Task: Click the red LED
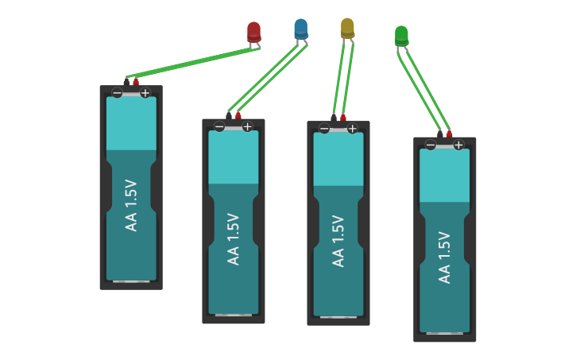click(x=253, y=31)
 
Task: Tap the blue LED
click(x=300, y=29)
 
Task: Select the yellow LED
click(x=347, y=28)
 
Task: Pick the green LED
click(x=401, y=36)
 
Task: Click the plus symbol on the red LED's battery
click(x=145, y=93)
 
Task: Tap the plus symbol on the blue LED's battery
click(x=247, y=126)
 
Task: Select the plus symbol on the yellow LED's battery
click(x=352, y=129)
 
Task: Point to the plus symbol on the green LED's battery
click(x=458, y=145)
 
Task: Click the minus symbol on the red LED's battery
click(x=117, y=93)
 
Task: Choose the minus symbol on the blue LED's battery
click(x=219, y=126)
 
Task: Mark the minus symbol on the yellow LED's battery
click(x=324, y=129)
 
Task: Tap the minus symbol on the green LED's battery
click(x=431, y=145)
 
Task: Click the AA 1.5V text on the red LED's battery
click(x=131, y=206)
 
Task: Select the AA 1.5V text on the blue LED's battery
click(x=233, y=239)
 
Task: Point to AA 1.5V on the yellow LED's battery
click(x=338, y=242)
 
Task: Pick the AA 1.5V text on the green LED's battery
click(x=445, y=257)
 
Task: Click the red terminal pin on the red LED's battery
click(x=136, y=81)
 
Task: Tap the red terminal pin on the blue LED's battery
click(x=238, y=115)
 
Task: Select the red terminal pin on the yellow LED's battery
click(x=343, y=118)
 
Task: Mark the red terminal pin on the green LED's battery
click(x=449, y=134)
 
